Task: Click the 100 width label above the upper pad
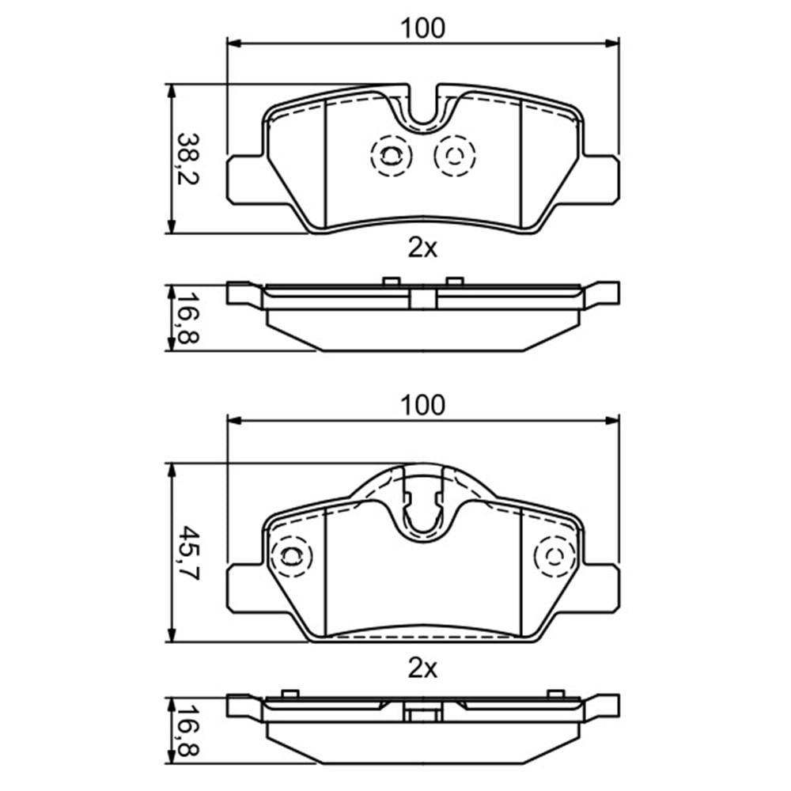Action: (x=422, y=28)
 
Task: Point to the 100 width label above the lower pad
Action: (x=422, y=405)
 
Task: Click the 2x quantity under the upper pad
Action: (x=422, y=248)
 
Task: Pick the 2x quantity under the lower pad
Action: (x=422, y=669)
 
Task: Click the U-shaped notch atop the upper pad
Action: (x=423, y=111)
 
